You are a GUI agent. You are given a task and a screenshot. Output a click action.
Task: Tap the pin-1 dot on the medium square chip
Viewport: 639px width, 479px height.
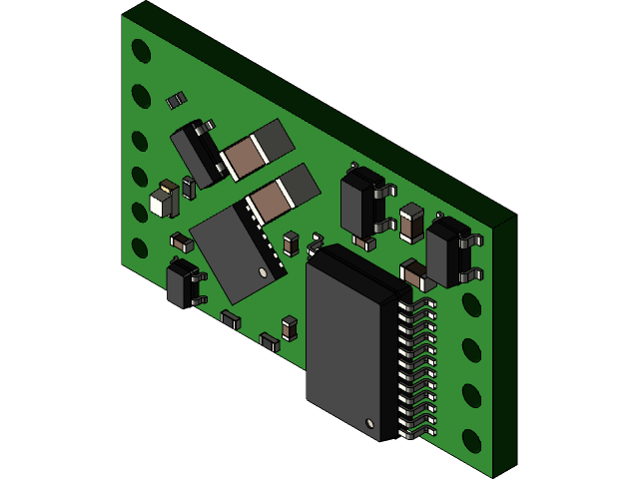click(x=263, y=271)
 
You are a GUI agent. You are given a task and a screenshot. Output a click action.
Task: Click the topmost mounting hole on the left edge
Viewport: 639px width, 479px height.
click(x=141, y=51)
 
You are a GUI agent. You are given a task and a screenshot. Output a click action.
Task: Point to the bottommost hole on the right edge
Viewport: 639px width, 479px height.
click(x=471, y=440)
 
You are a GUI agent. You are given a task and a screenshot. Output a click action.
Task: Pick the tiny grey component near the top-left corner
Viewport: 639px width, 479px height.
click(x=176, y=100)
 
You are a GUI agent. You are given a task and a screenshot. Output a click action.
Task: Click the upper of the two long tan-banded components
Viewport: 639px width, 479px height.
click(x=257, y=151)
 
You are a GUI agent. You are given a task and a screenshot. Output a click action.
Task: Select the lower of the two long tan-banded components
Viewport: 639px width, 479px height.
click(x=283, y=195)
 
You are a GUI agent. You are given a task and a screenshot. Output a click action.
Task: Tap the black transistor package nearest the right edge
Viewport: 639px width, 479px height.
click(x=448, y=253)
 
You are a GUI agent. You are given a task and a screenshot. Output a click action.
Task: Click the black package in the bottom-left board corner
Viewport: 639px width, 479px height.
click(x=182, y=283)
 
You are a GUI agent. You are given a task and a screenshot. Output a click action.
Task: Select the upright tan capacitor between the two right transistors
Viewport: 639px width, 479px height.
click(x=411, y=224)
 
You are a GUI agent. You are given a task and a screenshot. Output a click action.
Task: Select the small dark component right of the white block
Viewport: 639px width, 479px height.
click(x=188, y=188)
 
